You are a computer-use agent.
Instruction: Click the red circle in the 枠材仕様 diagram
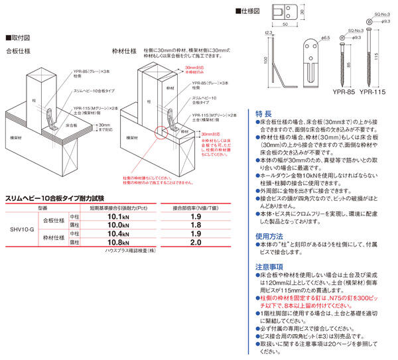click(161, 133)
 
